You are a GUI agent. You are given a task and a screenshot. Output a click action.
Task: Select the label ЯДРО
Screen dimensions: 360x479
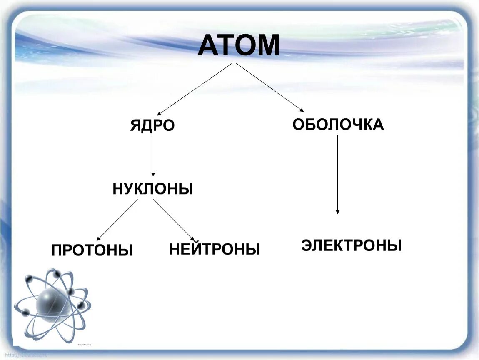152,125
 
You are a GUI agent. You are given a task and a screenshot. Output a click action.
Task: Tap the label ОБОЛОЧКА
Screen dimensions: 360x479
338,124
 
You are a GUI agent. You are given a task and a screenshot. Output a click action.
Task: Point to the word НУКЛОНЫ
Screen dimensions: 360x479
153,189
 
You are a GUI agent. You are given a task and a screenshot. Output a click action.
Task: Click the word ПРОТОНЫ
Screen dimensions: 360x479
92,250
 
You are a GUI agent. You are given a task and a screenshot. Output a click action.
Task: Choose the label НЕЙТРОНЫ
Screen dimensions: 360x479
215,249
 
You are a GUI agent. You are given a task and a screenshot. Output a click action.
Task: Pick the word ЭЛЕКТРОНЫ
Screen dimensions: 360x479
351,245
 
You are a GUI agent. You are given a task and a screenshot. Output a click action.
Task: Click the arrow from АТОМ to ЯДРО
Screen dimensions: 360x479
195,89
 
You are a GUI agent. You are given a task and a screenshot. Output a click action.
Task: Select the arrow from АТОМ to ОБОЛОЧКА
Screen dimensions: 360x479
270,87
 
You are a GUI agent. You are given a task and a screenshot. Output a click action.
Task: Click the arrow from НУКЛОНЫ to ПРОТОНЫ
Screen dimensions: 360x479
117,219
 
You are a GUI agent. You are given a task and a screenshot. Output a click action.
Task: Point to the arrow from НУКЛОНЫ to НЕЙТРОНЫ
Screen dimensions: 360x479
173,219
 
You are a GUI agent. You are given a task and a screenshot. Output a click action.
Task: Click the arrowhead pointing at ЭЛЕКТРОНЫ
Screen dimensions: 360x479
337,212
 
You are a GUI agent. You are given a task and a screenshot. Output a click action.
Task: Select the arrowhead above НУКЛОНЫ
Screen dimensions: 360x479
153,174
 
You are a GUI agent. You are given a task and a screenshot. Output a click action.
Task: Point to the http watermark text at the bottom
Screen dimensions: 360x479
25,355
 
